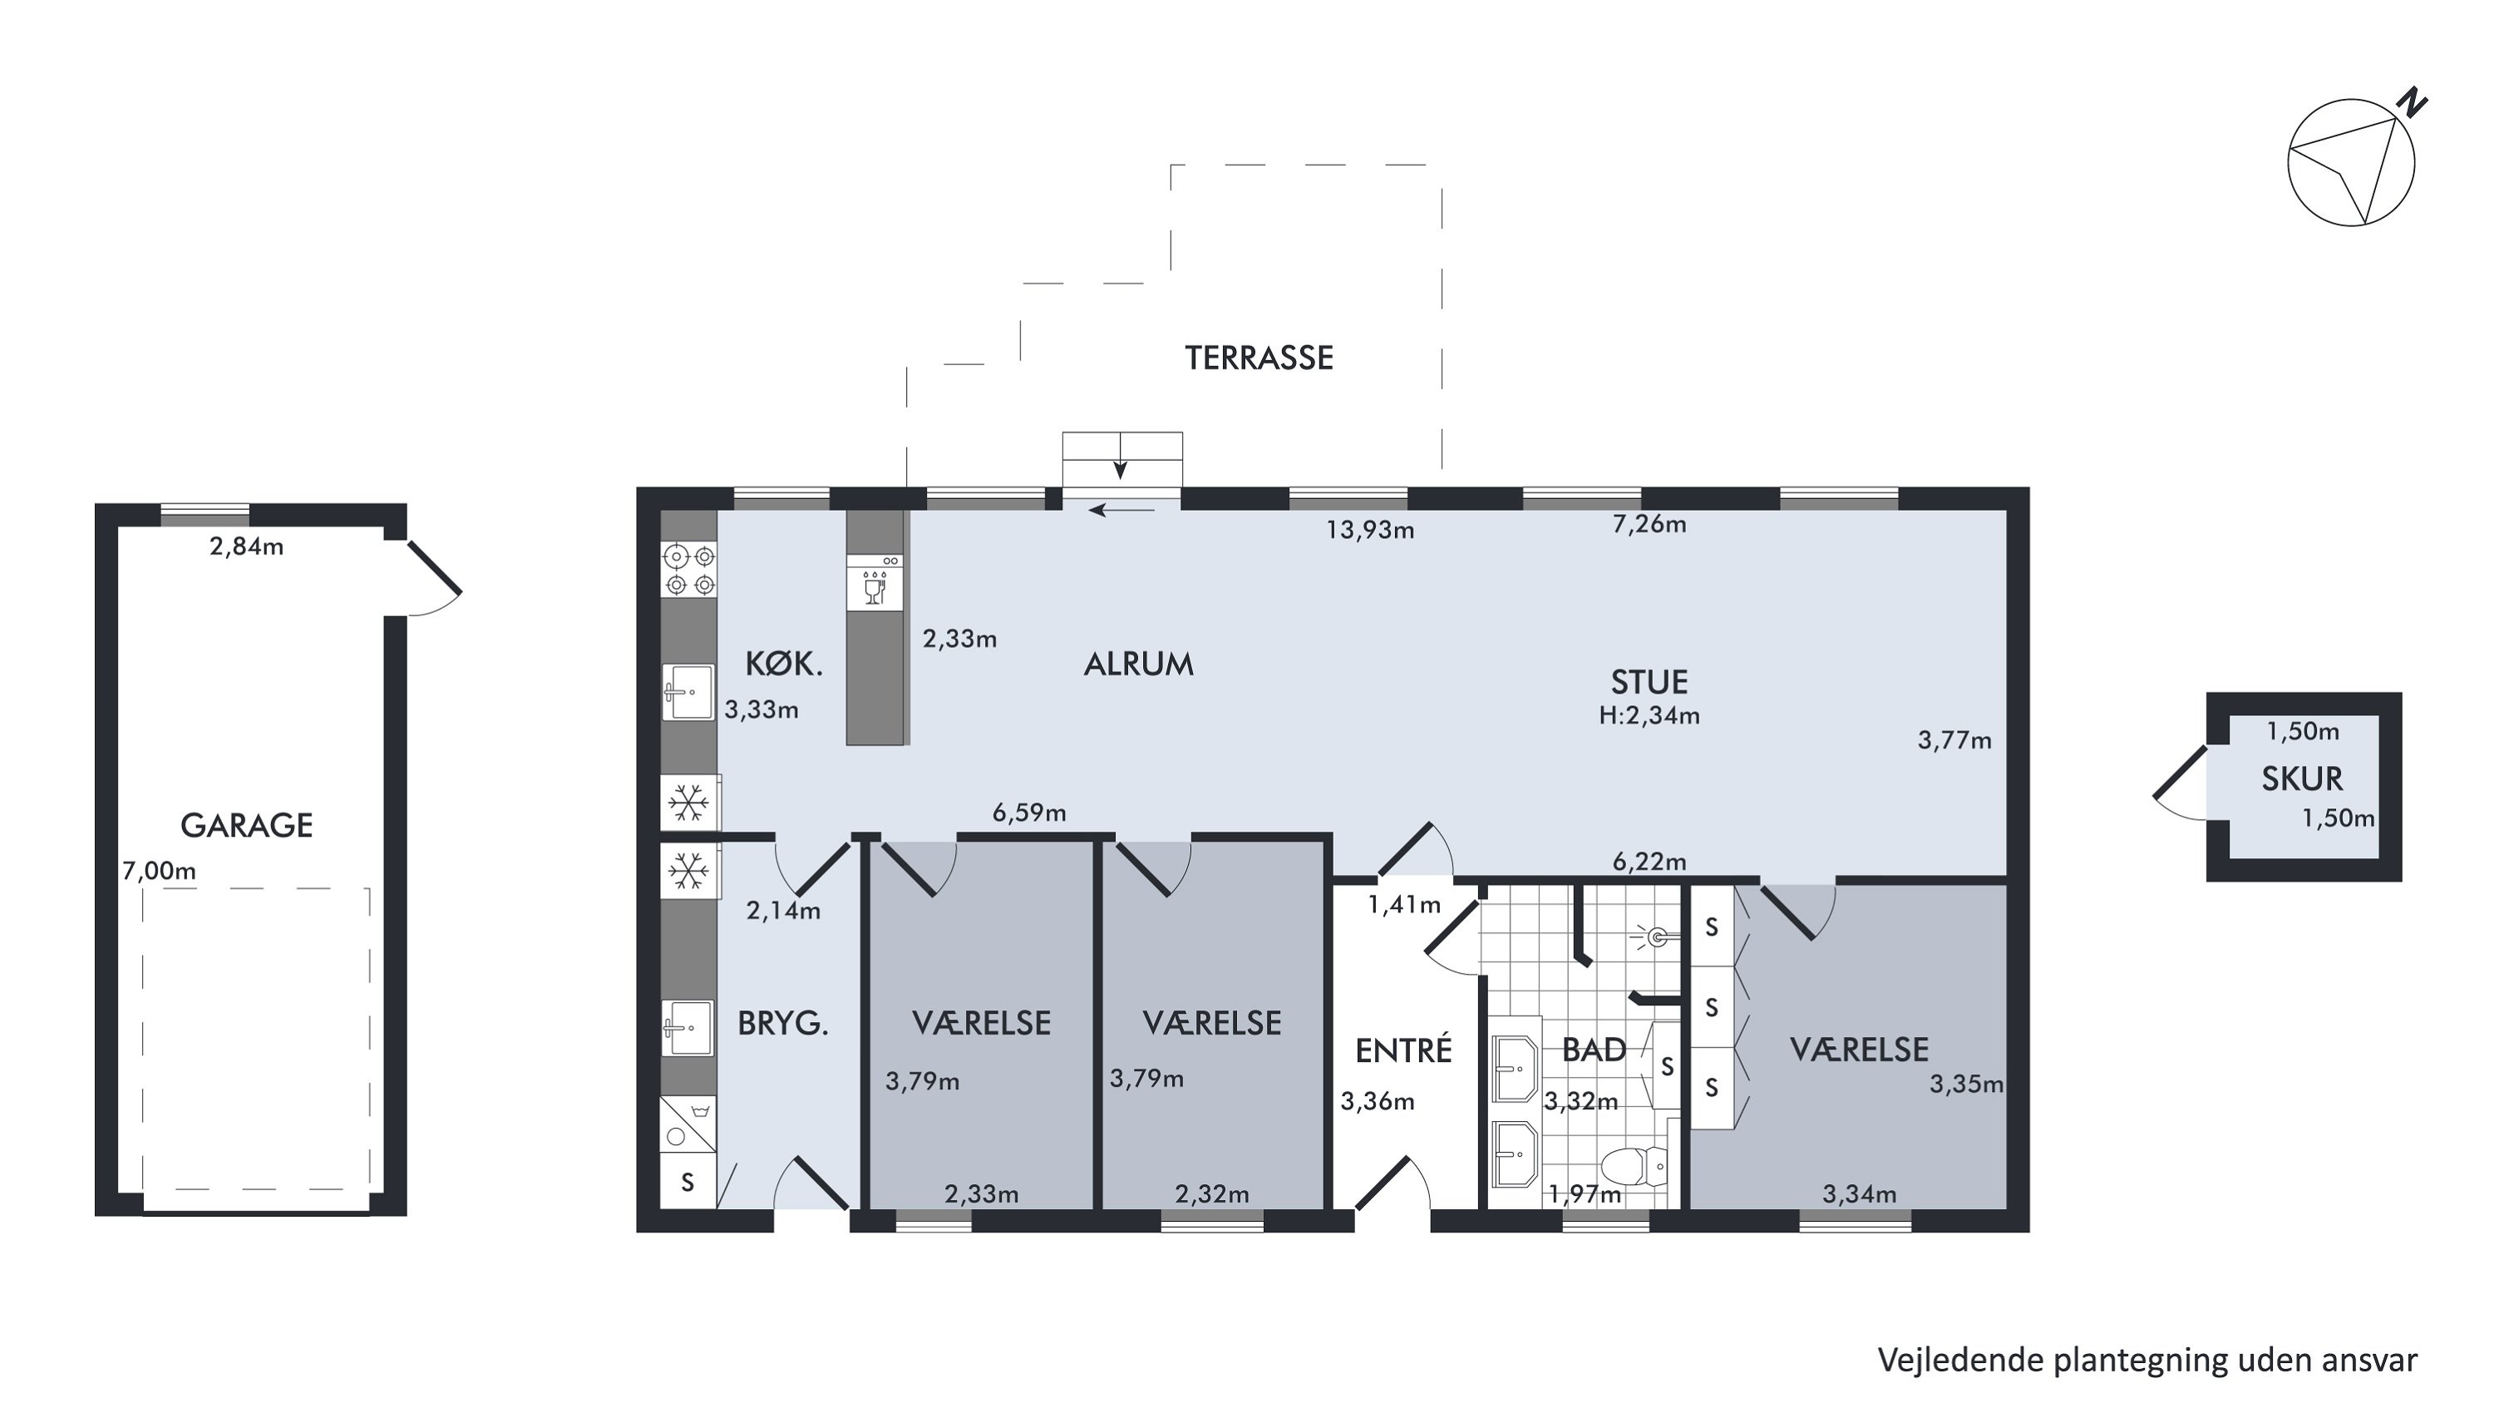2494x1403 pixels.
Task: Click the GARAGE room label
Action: coord(247,826)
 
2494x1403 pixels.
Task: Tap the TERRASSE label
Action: coord(1259,358)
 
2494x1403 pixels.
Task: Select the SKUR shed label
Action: coord(2302,779)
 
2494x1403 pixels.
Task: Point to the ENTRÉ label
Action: coord(1403,1050)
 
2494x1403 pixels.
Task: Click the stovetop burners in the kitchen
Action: coord(688,571)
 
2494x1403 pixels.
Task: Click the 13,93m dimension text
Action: coord(1370,531)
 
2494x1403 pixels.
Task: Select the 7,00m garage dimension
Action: coord(159,872)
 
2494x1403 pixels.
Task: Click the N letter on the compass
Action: coord(2413,101)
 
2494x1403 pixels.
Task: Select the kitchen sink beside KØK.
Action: coord(688,691)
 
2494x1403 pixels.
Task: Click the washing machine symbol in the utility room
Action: coord(688,1124)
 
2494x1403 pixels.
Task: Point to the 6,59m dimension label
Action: coord(1029,813)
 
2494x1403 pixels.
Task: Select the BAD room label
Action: coord(1594,1050)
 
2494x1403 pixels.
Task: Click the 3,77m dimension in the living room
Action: coord(1954,741)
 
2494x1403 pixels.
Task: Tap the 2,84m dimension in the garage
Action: coord(247,547)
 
